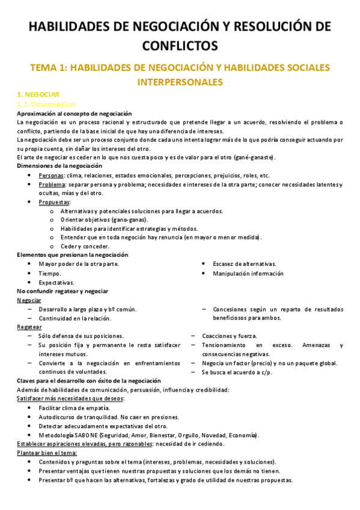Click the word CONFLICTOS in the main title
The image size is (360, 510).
click(x=180, y=45)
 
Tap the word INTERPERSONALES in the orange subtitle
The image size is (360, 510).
click(x=180, y=82)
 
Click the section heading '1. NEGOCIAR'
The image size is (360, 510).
click(x=38, y=96)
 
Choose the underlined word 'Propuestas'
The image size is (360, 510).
click(x=53, y=202)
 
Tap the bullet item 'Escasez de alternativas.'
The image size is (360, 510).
click(x=244, y=264)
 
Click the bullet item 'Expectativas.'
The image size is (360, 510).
click(x=56, y=282)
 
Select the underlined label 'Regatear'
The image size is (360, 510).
click(x=29, y=327)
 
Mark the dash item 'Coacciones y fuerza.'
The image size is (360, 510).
click(x=230, y=336)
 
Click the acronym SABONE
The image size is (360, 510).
click(x=87, y=435)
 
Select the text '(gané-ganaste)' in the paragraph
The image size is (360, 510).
click(x=254, y=158)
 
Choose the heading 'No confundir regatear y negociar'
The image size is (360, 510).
click(x=63, y=291)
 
